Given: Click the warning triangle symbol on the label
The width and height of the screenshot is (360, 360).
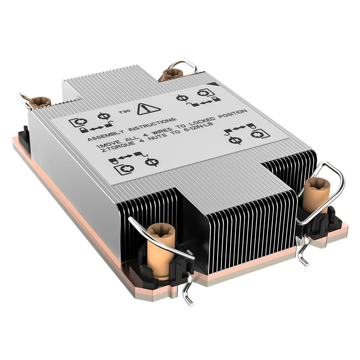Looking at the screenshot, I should [146, 108].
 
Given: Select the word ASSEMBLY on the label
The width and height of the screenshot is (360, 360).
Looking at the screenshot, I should [103, 135].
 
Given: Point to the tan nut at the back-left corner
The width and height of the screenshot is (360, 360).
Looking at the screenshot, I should [40, 101].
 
